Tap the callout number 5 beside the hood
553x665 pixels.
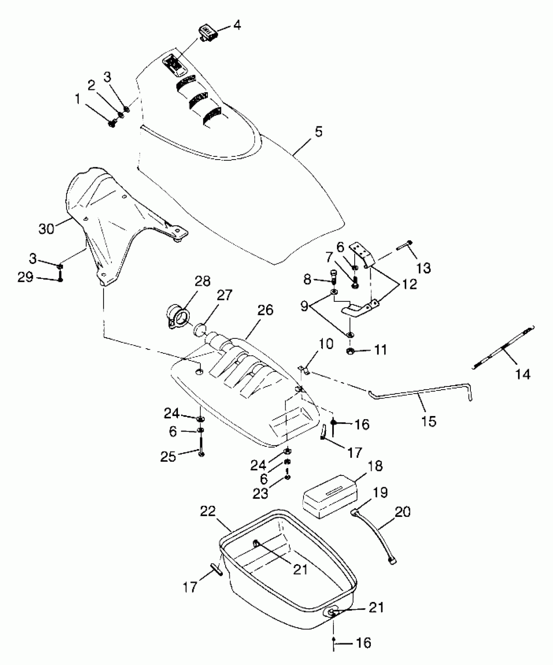pyautogui.click(x=318, y=132)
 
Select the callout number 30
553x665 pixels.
pyautogui.click(x=46, y=229)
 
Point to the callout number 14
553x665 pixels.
pyautogui.click(x=523, y=374)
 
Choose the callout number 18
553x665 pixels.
pyautogui.click(x=376, y=466)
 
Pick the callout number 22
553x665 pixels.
pyautogui.click(x=208, y=511)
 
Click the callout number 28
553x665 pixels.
pyautogui.click(x=202, y=281)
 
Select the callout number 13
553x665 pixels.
pyautogui.click(x=423, y=268)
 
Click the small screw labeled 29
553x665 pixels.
pyautogui.click(x=60, y=278)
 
